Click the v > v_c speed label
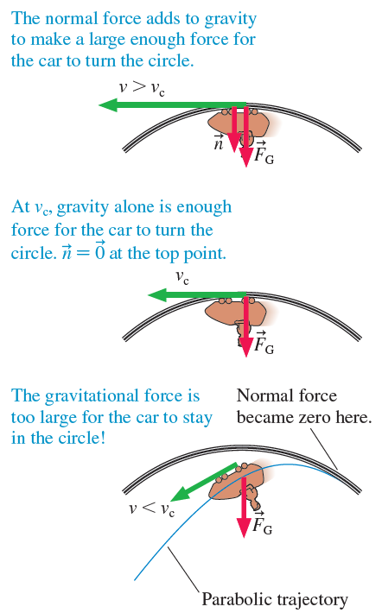tap(142, 88)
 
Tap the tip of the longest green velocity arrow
tap(99, 104)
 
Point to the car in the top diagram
tap(239, 124)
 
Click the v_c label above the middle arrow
tap(182, 277)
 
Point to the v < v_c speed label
tap(152, 509)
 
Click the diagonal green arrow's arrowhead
tap(178, 495)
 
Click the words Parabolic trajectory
tap(275, 599)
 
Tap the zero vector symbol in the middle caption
tap(100, 251)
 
